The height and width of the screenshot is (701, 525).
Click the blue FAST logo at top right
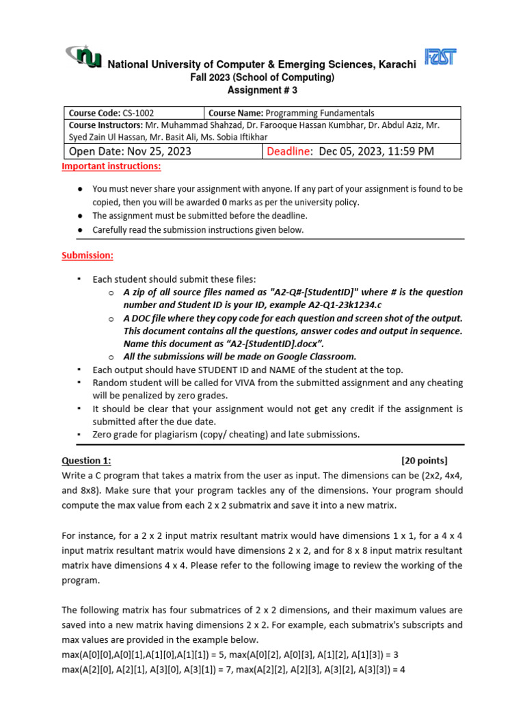pos(441,57)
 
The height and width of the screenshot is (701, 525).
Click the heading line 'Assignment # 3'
pos(262,90)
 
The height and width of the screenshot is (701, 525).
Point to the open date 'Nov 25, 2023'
pos(157,151)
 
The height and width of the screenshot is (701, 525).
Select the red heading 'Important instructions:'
pos(111,166)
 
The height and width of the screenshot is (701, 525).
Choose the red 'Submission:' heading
pos(87,255)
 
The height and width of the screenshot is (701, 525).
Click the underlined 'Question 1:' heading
pos(86,460)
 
